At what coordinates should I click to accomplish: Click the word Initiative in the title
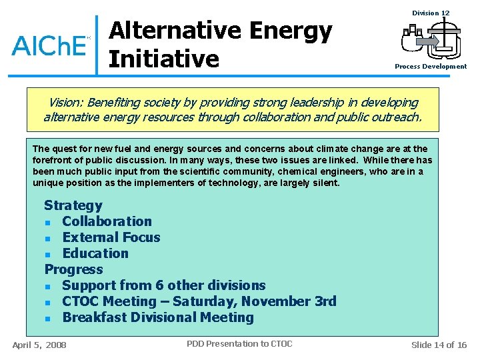163,59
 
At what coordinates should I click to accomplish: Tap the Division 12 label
431,13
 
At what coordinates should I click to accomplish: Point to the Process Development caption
430,67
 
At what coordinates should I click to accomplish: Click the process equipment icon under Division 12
431,40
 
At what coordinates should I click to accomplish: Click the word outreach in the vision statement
397,117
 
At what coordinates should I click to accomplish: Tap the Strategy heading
73,205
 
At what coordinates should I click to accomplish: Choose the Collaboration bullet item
107,221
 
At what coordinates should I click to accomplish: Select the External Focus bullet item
111,237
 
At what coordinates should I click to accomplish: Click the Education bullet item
95,253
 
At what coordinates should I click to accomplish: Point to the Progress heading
73,269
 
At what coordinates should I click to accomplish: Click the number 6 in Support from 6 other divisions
171,285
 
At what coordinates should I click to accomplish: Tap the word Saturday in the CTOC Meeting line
204,301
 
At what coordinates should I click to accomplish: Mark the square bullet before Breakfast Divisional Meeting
48,319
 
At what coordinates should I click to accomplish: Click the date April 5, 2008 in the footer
39,345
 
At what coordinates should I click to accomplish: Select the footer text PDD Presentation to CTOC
239,344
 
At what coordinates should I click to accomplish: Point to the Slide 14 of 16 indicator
439,345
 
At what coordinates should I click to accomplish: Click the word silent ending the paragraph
325,183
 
